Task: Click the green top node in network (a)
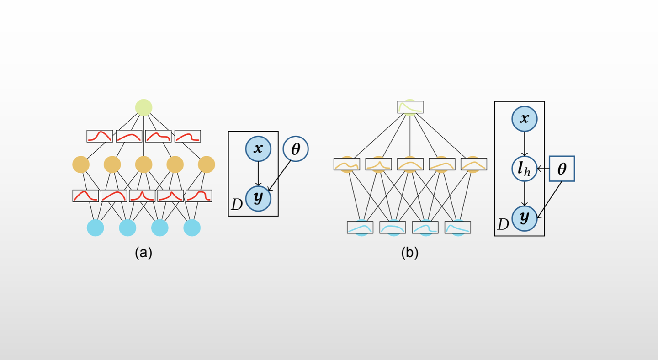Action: (144, 107)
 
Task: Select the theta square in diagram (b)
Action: (562, 169)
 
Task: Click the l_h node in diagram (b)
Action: (524, 169)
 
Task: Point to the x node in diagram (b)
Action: (524, 119)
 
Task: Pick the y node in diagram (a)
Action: (258, 198)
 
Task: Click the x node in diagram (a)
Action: (258, 148)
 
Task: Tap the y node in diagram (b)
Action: (524, 218)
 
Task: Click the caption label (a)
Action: (143, 253)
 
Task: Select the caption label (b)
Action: (409, 253)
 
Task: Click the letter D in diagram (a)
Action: (237, 205)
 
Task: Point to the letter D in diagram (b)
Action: (503, 224)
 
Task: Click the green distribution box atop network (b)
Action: (410, 107)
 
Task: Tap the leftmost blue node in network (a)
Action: (96, 228)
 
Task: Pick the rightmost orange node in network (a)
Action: (207, 164)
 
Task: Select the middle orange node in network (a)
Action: (143, 164)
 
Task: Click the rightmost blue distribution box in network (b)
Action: (457, 227)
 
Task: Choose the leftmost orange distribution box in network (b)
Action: (346, 164)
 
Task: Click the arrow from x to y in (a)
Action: (258, 174)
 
